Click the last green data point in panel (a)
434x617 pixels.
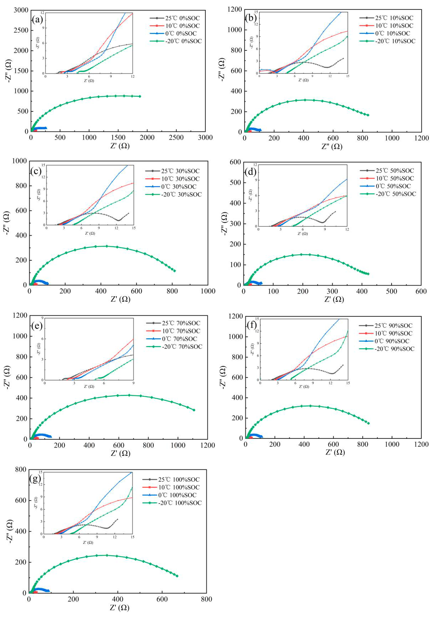click(140, 96)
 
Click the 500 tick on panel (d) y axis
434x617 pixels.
click(235, 183)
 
